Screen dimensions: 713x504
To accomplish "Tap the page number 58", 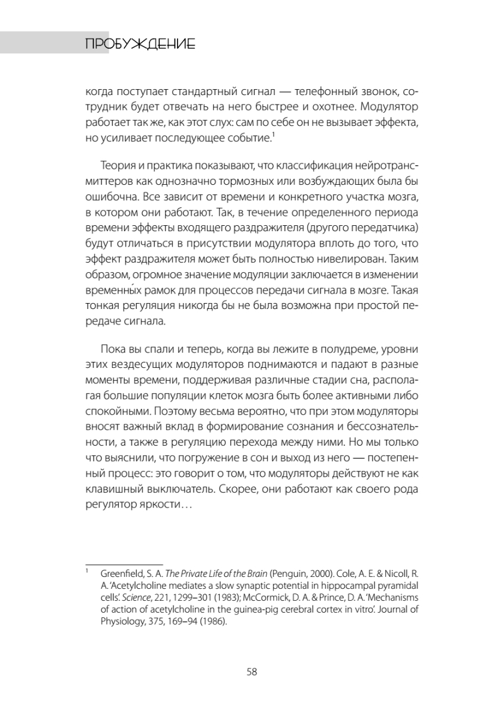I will coord(252,672).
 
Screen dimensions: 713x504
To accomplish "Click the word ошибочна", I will coord(109,195).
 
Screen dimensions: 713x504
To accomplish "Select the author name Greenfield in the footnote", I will coord(120,574).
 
